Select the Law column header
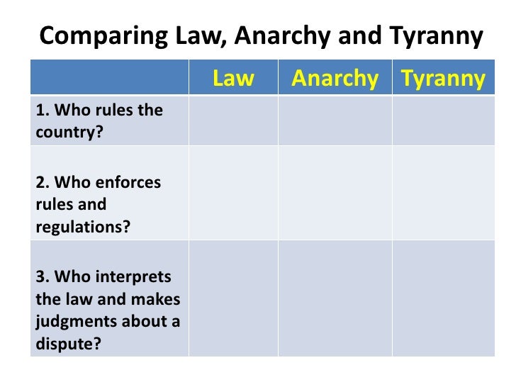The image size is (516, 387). click(x=233, y=79)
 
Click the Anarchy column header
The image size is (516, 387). click(x=335, y=79)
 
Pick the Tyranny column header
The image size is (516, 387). click(x=443, y=79)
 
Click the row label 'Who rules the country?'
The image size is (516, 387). click(x=99, y=121)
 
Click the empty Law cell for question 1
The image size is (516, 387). click(x=233, y=121)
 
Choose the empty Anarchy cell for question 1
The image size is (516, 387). click(x=335, y=121)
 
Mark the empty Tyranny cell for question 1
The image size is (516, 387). click(x=443, y=121)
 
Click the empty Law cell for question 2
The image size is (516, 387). click(x=233, y=193)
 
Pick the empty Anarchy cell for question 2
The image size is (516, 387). click(x=335, y=193)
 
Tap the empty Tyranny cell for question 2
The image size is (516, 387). click(x=443, y=193)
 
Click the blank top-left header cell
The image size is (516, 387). click(x=110, y=79)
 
